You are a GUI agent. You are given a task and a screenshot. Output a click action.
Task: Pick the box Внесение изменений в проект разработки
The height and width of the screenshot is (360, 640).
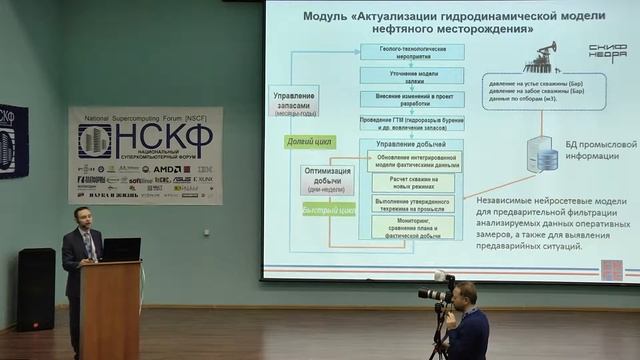(x=406, y=101)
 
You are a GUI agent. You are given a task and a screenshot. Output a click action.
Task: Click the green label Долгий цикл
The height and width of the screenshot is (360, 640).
(x=306, y=143)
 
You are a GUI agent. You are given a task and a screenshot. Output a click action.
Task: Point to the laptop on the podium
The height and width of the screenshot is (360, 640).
(x=121, y=249)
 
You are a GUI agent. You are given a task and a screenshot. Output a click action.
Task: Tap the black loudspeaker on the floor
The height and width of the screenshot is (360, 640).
(x=36, y=289)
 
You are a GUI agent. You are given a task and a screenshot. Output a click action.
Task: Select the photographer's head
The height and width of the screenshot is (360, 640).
(x=463, y=295)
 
